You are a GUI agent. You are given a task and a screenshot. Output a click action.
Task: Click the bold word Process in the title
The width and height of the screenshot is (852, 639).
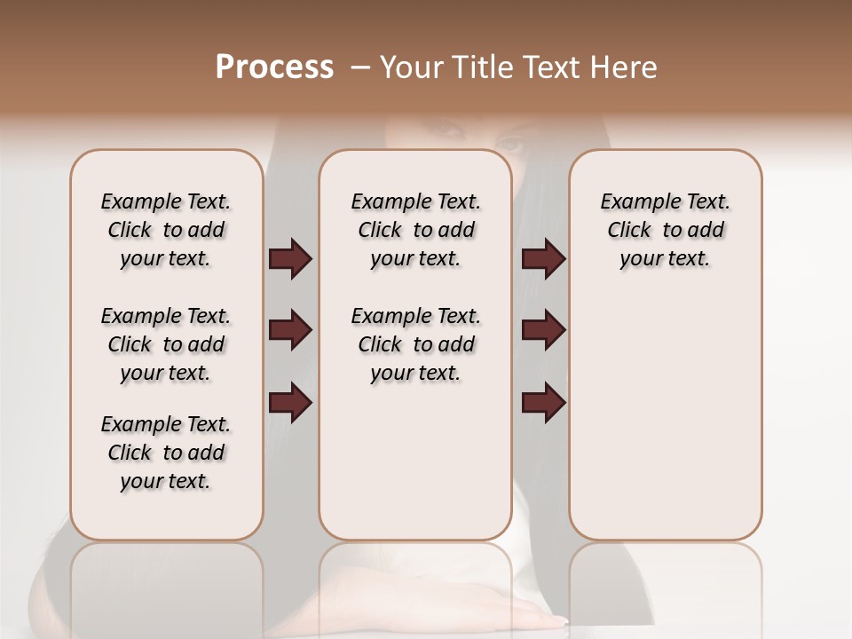tap(274, 67)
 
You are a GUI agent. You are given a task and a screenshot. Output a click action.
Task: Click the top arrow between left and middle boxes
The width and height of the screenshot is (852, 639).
tap(290, 259)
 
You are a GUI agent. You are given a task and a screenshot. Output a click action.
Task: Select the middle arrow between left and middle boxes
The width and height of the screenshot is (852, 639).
tap(290, 331)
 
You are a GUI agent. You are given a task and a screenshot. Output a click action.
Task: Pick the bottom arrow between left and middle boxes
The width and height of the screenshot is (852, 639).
tap(290, 403)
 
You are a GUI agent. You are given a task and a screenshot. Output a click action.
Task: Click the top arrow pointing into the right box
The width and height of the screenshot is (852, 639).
tap(543, 259)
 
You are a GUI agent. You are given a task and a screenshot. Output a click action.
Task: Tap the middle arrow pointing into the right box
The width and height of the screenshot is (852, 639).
tap(543, 331)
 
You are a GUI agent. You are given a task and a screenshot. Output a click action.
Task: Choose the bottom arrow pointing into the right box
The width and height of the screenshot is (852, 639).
tap(543, 403)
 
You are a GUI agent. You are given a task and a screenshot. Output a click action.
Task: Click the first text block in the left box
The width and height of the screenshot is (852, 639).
tap(166, 230)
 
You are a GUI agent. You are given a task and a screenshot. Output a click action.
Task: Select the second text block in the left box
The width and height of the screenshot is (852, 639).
tap(166, 344)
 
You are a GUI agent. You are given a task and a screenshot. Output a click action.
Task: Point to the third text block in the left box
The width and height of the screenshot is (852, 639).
tap(166, 453)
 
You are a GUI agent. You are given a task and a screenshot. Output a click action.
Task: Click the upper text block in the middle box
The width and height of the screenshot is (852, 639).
tap(415, 230)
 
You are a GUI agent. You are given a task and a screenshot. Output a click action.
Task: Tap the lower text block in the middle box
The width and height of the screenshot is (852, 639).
tap(415, 344)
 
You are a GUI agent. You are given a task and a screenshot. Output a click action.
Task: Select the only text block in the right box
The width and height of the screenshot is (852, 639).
tap(665, 230)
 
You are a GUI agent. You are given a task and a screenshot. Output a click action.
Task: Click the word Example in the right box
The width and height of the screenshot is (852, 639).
tap(632, 202)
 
